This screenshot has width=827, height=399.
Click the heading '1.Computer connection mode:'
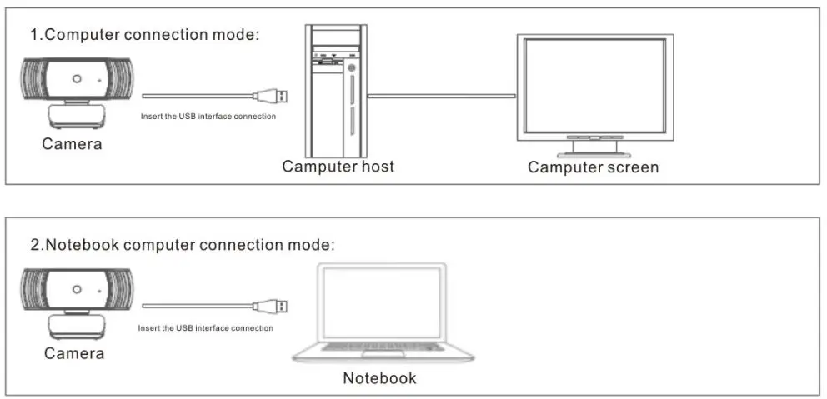tap(145, 35)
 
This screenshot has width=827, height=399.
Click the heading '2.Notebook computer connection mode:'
tap(183, 245)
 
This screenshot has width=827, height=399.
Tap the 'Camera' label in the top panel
tap(73, 144)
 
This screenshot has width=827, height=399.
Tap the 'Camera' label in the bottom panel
tap(74, 353)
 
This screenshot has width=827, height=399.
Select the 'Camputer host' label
tap(338, 167)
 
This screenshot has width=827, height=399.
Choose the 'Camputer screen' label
tap(593, 167)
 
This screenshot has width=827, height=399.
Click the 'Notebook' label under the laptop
tap(379, 378)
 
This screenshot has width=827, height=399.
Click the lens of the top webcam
tap(76, 80)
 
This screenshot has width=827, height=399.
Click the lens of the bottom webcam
tap(76, 289)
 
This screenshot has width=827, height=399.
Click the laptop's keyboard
tap(381, 346)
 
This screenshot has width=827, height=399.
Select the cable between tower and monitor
tap(442, 96)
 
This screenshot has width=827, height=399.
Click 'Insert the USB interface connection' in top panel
tap(208, 117)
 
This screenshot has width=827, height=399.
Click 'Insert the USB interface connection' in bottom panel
tap(205, 328)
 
